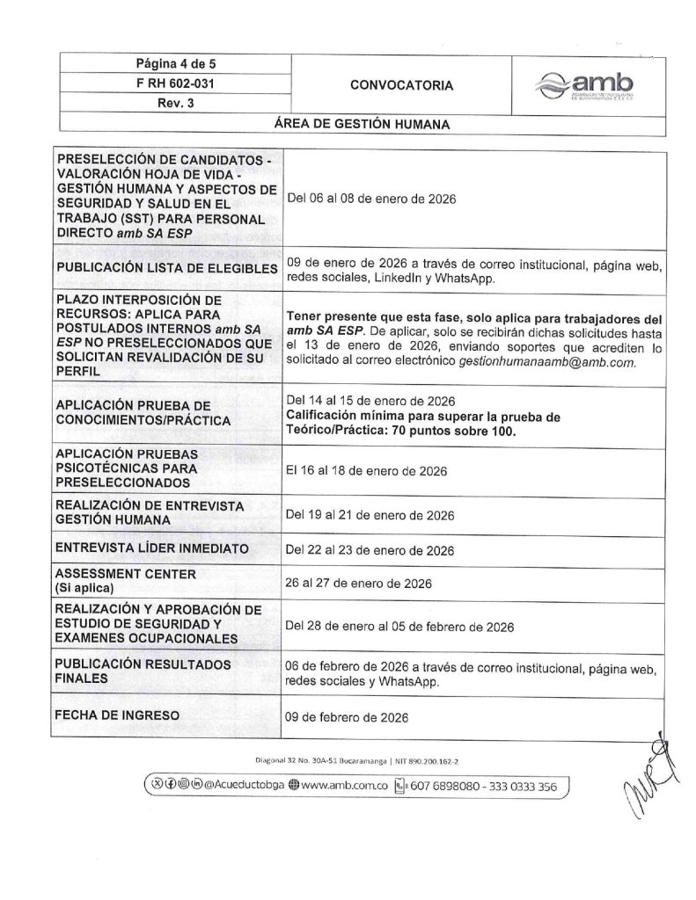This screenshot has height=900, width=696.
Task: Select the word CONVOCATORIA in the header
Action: click(401, 85)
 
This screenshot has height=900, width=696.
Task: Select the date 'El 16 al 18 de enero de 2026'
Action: click(366, 471)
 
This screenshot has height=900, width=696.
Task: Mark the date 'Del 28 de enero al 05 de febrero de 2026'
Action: click(399, 627)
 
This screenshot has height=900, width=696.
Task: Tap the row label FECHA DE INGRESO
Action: click(117, 715)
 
